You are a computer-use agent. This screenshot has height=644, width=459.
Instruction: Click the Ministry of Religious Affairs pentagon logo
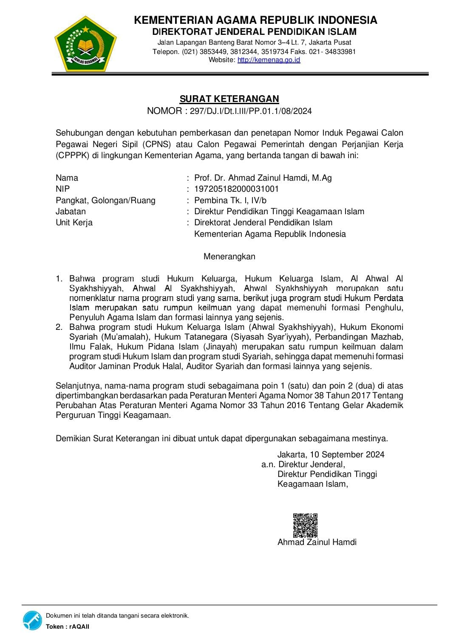pos(85,43)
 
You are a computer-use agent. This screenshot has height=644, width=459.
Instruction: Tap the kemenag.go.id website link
pos(269,60)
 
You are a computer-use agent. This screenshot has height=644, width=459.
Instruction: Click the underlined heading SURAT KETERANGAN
pos(229,99)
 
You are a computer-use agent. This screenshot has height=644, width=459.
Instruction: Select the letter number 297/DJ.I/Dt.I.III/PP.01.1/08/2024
pos(251,111)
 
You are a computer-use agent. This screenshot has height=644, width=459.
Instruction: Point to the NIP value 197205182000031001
pos(236,189)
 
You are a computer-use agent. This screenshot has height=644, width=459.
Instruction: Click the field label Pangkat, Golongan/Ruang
pos(105,200)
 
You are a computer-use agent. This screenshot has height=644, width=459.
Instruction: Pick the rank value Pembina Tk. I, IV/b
pos(230,200)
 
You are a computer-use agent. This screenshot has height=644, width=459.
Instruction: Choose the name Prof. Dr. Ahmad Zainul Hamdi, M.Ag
pos(263,178)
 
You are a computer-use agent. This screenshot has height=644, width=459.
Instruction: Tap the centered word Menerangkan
pos(229,256)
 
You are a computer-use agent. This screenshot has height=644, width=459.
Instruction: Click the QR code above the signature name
pos(305,525)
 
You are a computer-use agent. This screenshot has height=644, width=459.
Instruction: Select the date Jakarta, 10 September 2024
pos(331,454)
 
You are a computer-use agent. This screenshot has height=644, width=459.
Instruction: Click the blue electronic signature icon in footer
pos(32,620)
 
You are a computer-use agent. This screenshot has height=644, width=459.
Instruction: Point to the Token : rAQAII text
pos(68,627)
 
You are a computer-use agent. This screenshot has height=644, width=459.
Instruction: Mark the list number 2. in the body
pos(59,327)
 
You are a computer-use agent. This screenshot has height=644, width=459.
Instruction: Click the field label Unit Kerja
pos(74,222)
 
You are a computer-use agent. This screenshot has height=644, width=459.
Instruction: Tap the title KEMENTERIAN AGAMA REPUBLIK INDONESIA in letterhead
pos(255,20)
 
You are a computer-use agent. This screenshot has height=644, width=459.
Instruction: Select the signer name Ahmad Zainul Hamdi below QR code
pos(317,542)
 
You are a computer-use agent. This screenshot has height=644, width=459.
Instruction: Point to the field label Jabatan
pos(71,211)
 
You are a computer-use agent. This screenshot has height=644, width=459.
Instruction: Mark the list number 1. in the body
pos(59,279)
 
